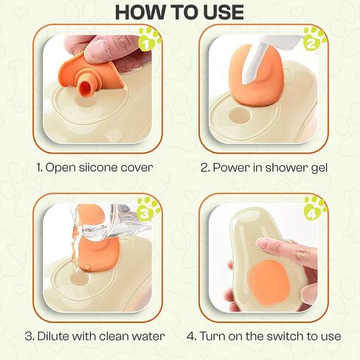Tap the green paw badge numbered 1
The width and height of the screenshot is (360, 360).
pyautogui.click(x=149, y=39)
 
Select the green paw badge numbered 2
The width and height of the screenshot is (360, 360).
pyautogui.click(x=314, y=39)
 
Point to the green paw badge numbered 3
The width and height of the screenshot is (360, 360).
pyautogui.click(x=148, y=209)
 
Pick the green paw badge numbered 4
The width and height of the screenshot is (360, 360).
pyautogui.click(x=315, y=209)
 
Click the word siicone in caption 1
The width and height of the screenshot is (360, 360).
pyautogui.click(x=98, y=167)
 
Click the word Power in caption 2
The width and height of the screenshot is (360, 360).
pyautogui.click(x=227, y=167)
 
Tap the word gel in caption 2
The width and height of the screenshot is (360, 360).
pyautogui.click(x=319, y=168)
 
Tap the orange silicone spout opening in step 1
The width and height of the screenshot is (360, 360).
pyautogui.click(x=85, y=87)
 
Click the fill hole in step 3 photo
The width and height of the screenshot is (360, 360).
pyautogui.click(x=80, y=278)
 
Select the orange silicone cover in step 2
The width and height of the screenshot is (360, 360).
pyautogui.click(x=256, y=77)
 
